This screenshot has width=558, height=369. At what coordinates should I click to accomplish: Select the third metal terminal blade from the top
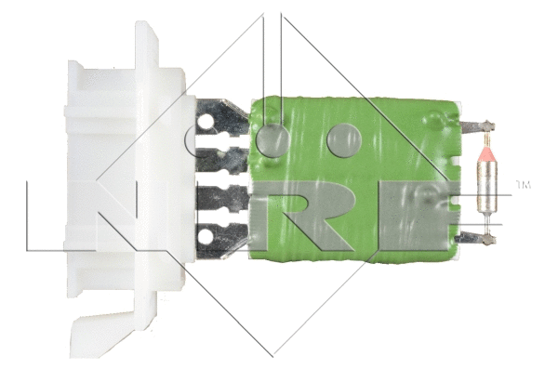coord(221,197)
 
